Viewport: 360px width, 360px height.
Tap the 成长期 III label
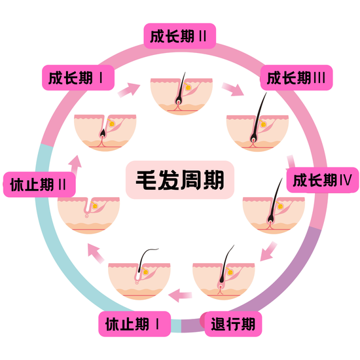pyautogui.click(x=297, y=78)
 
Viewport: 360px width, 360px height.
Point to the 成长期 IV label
pyautogui.click(x=323, y=180)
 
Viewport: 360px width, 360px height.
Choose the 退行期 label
pyautogui.click(x=233, y=324)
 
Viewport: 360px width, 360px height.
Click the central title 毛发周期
pyautogui.click(x=180, y=180)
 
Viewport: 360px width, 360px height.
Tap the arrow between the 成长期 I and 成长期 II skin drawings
pyautogui.click(x=129, y=90)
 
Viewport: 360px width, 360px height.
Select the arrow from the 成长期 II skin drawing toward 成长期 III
pyautogui.click(x=232, y=89)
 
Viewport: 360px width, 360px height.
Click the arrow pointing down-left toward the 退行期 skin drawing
pyautogui.click(x=268, y=251)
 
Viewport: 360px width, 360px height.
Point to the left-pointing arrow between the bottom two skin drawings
pyautogui.click(x=180, y=295)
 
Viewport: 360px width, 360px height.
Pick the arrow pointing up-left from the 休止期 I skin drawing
pyautogui.click(x=96, y=253)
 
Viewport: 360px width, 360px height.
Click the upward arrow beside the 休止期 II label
pyautogui.click(x=75, y=164)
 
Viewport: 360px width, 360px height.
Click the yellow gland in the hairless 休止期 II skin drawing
pyautogui.click(x=95, y=206)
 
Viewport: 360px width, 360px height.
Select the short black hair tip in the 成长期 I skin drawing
pyautogui.click(x=103, y=132)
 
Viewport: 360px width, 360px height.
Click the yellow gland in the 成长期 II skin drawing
pyautogui.click(x=188, y=88)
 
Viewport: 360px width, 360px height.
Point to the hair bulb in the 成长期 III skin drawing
pyautogui.click(x=253, y=139)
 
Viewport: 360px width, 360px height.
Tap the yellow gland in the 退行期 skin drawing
pyautogui.click(x=230, y=272)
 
